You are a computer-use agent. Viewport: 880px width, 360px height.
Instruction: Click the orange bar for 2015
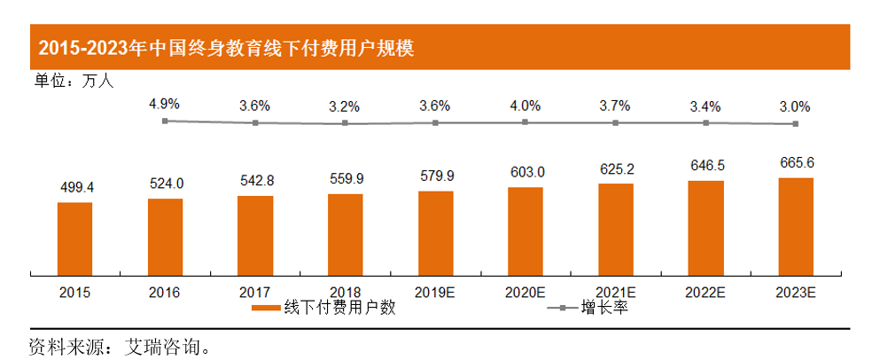tap(74, 239)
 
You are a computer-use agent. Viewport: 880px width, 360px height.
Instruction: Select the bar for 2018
tap(345, 234)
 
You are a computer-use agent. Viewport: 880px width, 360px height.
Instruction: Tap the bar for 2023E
tap(795, 226)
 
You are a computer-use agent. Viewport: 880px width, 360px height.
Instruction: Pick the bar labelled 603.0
tap(526, 231)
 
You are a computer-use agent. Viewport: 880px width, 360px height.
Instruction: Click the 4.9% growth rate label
tap(164, 104)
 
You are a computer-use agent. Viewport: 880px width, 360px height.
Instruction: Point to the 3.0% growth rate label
tap(794, 106)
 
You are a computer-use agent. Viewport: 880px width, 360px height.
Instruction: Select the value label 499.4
tap(74, 188)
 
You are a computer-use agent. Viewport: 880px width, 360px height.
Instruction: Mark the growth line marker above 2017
tap(255, 122)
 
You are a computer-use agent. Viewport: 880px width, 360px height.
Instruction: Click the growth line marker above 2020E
tap(526, 121)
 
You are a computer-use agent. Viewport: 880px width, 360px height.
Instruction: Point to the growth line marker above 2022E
tap(705, 122)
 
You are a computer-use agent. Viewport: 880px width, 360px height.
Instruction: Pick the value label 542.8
tap(255, 181)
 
